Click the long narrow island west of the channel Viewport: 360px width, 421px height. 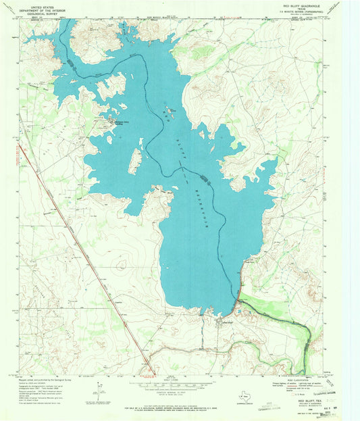click(135, 160)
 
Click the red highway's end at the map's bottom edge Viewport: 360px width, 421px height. click(149, 372)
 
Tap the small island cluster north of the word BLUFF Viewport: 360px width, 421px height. click(169, 110)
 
